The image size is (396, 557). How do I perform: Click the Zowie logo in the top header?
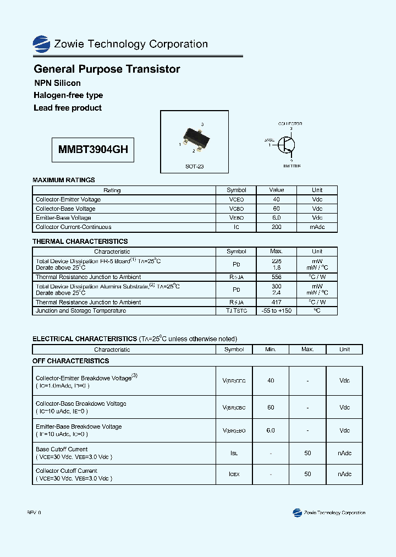(x=41, y=44)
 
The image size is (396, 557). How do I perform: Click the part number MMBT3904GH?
(x=93, y=149)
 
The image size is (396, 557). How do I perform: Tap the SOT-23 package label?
(x=194, y=166)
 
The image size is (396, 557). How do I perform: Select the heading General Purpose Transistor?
(x=107, y=69)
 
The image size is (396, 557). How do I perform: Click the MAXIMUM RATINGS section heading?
(x=64, y=180)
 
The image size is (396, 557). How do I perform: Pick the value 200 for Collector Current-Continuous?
(x=276, y=227)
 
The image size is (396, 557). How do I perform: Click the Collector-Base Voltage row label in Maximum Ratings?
(x=65, y=209)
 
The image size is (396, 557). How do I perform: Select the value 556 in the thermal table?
(x=276, y=277)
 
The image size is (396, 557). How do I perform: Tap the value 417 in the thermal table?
(x=276, y=302)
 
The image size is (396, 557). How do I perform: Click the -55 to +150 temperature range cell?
(x=276, y=311)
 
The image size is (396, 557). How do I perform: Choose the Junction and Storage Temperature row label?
(x=81, y=311)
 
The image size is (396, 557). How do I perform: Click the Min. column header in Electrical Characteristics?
(x=271, y=350)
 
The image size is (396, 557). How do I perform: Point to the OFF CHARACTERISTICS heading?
(x=71, y=361)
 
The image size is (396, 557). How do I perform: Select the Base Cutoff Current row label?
(x=62, y=449)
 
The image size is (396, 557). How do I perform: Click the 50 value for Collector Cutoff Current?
(x=307, y=474)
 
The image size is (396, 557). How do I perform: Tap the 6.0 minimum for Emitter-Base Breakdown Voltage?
(x=271, y=430)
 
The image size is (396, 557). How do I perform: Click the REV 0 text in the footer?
(x=34, y=512)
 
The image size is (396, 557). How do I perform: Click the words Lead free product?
(x=68, y=108)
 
